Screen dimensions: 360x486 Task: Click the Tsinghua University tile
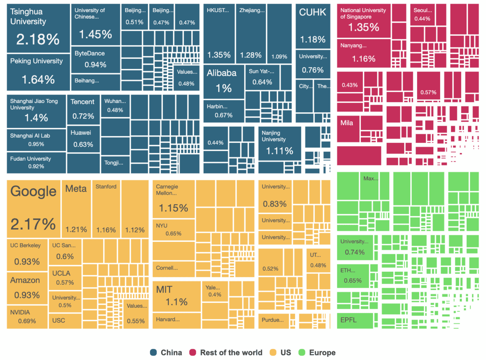pos(38,28)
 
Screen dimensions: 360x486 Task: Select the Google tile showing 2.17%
pos(33,209)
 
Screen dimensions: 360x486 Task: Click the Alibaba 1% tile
pos(223,81)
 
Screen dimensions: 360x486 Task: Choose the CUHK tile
pos(312,26)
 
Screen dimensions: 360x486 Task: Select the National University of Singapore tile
pos(363,21)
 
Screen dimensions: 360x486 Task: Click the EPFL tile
pos(355,320)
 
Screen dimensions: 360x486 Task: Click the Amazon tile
pos(27,287)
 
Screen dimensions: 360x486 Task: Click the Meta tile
pos(76,209)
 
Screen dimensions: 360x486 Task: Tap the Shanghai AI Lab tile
pos(36,140)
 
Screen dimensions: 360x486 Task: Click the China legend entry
pos(166,352)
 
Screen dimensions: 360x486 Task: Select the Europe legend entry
pos(317,352)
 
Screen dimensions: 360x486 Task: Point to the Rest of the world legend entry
pos(226,352)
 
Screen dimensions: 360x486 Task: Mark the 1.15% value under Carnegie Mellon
pos(173,208)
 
